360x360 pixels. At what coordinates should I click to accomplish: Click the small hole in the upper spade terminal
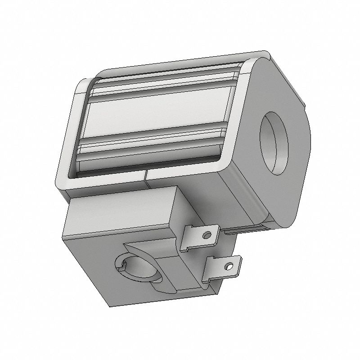[207, 235]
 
